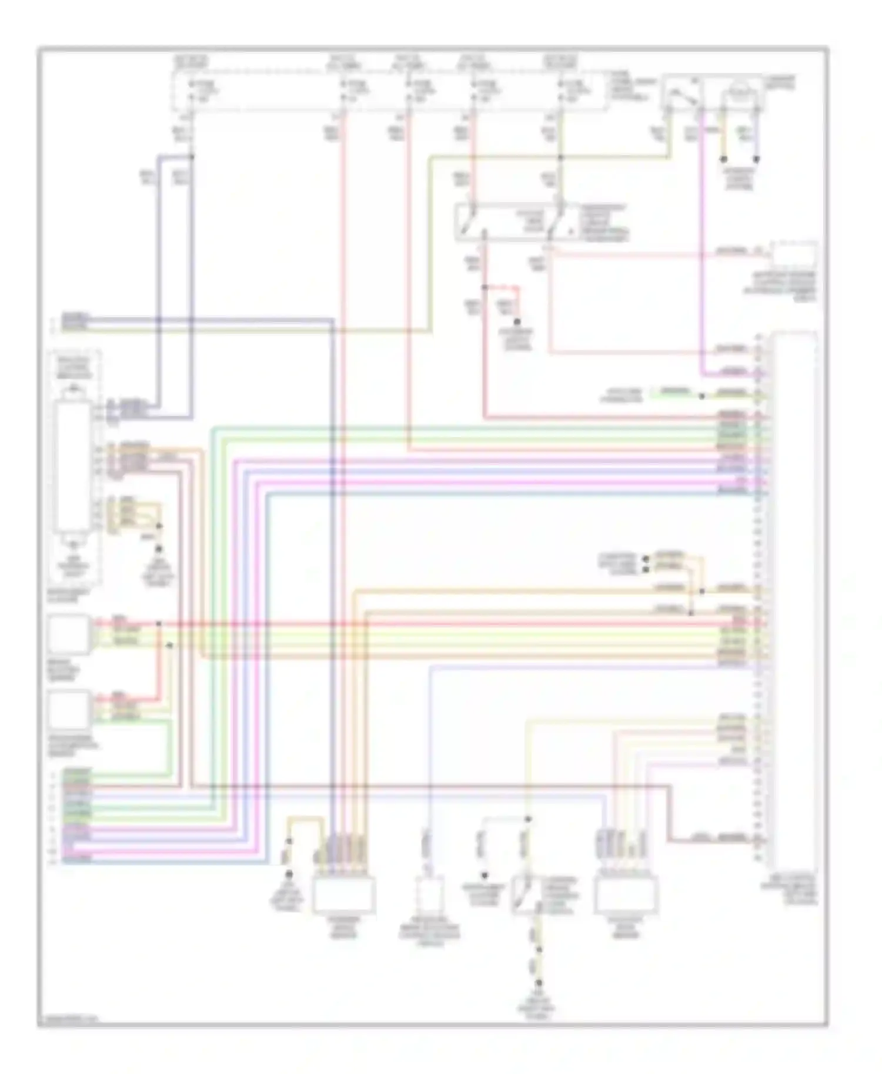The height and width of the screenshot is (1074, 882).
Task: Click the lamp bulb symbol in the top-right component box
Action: click(743, 91)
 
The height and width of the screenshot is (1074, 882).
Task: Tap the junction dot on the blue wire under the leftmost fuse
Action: click(192, 157)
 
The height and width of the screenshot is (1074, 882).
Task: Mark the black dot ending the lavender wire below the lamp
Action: click(757, 159)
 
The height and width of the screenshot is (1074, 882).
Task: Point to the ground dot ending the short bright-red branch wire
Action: click(517, 322)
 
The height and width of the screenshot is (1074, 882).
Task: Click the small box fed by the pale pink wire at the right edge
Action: click(794, 254)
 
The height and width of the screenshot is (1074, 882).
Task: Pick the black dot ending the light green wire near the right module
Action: click(702, 396)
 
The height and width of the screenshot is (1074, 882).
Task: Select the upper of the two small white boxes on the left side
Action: click(69, 633)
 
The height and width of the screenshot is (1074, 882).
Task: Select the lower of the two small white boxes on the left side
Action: click(69, 709)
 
